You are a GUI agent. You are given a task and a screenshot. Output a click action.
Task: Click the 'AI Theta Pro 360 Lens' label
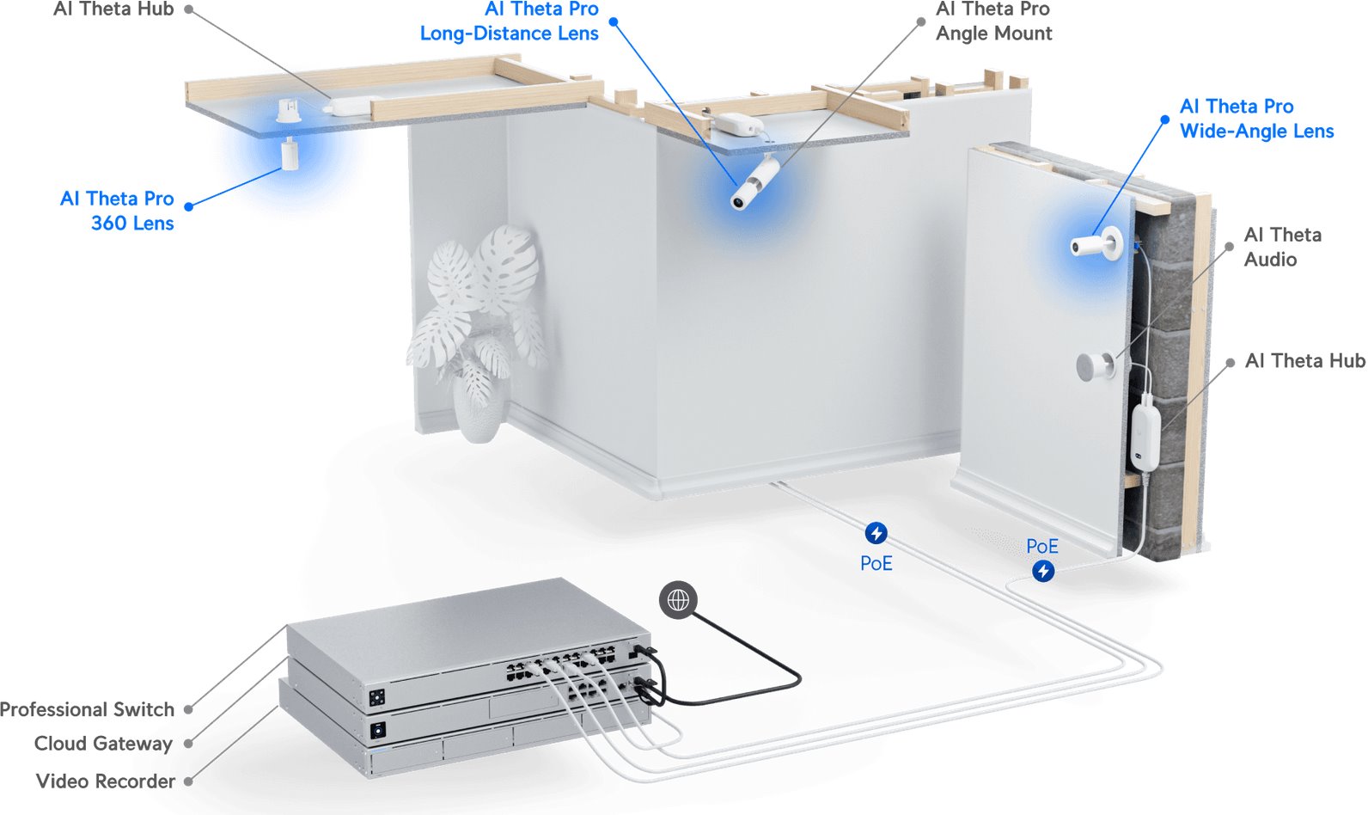[118, 211]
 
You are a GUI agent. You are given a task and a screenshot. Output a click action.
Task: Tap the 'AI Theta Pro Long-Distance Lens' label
[510, 21]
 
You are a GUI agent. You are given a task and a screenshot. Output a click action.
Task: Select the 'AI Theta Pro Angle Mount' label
[993, 21]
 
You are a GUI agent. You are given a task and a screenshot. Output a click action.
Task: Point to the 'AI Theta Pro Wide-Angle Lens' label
[1256, 119]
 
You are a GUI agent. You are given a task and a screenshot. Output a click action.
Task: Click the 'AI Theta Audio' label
[1282, 247]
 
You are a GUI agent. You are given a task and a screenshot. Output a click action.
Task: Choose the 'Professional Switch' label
[88, 709]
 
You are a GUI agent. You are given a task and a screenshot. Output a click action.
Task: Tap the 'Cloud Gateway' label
[103, 744]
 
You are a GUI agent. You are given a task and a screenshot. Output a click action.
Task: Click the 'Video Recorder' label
[106, 781]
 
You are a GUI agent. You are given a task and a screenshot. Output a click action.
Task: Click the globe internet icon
[678, 600]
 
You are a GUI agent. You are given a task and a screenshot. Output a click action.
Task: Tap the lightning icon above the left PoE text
[876, 533]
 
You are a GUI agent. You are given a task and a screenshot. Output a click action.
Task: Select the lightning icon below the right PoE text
[1043, 571]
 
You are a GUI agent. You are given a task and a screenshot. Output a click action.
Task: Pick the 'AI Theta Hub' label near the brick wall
[1304, 361]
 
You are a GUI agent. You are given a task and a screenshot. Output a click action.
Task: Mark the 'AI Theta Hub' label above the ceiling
[113, 9]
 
